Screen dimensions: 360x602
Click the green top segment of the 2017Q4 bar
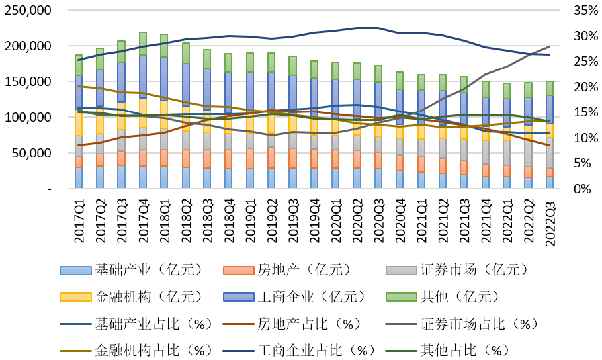pos(143,43)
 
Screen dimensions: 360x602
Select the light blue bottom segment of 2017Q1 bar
pos(79,178)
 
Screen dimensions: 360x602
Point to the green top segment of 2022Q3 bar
pos(550,88)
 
